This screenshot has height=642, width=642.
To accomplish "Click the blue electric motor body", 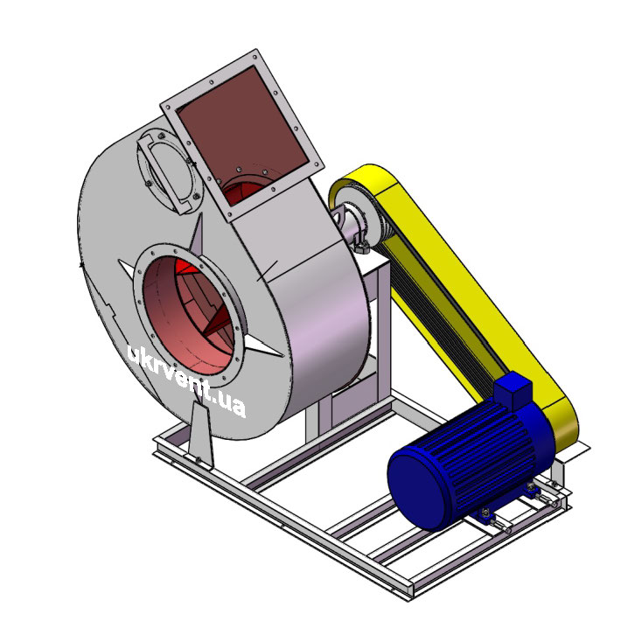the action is coord(471,463).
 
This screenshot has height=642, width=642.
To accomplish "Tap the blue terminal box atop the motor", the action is coord(513,391).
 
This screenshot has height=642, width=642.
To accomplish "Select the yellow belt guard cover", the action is coord(455,287).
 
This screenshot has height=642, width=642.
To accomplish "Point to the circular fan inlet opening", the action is coord(189,315).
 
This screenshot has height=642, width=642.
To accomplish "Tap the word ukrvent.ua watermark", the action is coord(186,380).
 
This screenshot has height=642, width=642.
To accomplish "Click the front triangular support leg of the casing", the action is coord(201,434).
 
